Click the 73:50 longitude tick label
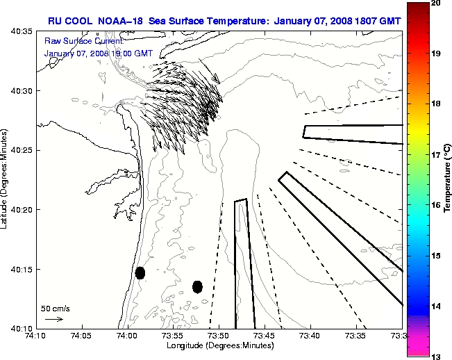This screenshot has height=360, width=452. [x=219, y=336]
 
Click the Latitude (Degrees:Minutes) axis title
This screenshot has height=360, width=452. [x=6, y=179]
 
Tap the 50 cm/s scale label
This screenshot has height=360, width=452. [x=55, y=308]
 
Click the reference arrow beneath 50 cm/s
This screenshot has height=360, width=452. [x=54, y=319]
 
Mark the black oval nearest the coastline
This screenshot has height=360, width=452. [x=140, y=272]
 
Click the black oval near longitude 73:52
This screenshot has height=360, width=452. [x=197, y=286]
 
